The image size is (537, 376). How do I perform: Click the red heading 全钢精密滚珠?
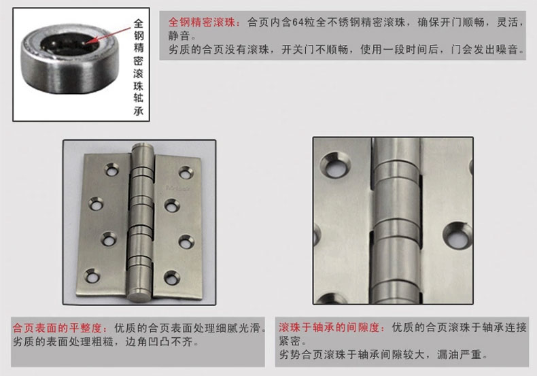202,22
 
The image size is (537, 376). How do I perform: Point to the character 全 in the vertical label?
139,24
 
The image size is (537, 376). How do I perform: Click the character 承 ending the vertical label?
139,110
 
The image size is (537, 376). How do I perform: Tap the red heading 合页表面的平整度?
57,328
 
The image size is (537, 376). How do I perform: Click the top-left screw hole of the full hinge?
111,169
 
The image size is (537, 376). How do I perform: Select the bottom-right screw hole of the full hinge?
172,277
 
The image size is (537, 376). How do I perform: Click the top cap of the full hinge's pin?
143,150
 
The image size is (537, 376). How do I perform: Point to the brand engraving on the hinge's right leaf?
177,188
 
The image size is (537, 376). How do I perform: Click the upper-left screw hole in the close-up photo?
336,165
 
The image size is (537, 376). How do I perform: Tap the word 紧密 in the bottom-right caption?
290,341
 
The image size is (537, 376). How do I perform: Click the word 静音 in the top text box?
179,36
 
